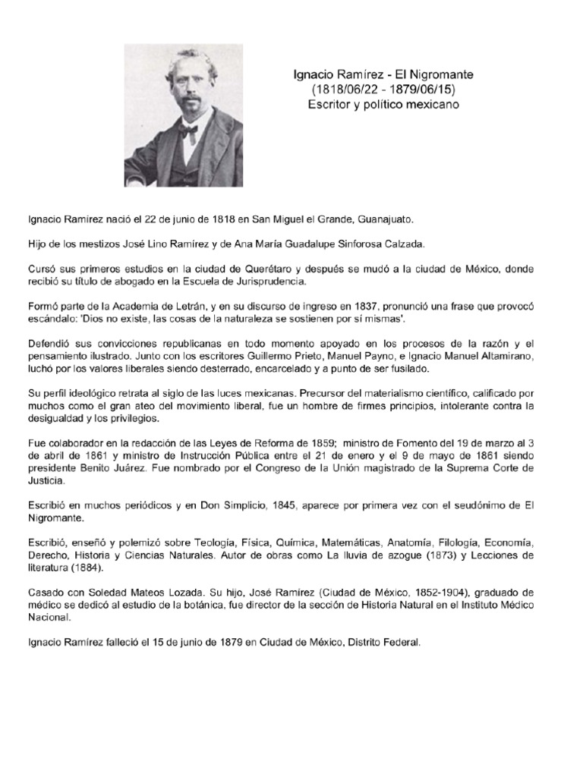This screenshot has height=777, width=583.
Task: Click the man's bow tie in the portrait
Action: click(x=188, y=130)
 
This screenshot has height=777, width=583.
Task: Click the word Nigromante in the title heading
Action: click(x=442, y=74)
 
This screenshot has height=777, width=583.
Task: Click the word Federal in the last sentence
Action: click(x=400, y=642)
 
